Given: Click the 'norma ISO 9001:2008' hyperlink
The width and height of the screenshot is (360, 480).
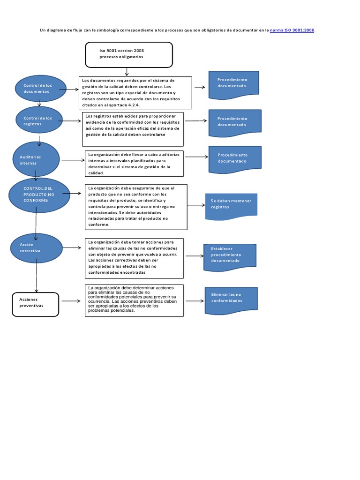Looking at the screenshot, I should pyautogui.click(x=292, y=30).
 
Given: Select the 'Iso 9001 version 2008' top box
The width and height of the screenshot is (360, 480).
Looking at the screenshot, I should pyautogui.click(x=128, y=54).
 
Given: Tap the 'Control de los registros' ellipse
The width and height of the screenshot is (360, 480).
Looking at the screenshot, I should pyautogui.click(x=38, y=121).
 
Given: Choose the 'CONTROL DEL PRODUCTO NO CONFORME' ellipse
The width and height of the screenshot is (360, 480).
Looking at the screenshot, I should pyautogui.click(x=39, y=195).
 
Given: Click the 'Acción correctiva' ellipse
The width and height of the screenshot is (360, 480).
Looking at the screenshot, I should pyautogui.click(x=37, y=247).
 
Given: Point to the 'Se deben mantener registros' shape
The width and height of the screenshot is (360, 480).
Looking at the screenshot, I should pyautogui.click(x=231, y=205).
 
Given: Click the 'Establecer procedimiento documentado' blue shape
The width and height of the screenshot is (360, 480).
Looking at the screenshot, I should pyautogui.click(x=230, y=255).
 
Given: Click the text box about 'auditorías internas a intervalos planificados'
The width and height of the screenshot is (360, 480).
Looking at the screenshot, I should pyautogui.click(x=133, y=163).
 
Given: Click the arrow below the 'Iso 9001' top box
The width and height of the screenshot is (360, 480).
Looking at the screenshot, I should pyautogui.click(x=127, y=71).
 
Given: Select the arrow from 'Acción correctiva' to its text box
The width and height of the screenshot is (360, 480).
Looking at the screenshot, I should pyautogui.click(x=72, y=247).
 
